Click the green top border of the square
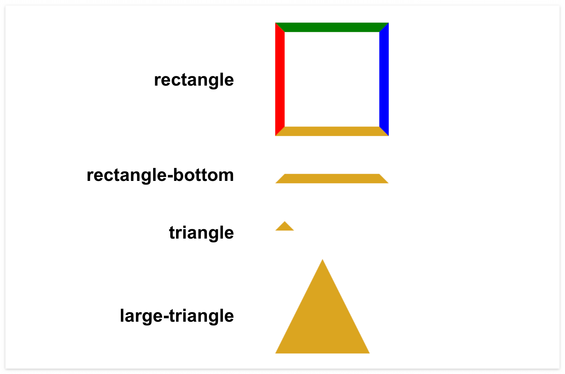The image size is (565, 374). pos(332,27)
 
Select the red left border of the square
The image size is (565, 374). pos(280,79)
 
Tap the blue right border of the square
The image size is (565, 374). pos(384,79)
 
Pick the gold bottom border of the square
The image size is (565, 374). pos(332,131)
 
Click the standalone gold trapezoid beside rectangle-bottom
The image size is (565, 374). pos(332,179)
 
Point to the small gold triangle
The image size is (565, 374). pos(285,227)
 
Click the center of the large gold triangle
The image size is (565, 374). pos(322,322)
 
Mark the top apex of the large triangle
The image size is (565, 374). pos(322,260)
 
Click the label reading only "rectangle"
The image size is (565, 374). pos(194,80)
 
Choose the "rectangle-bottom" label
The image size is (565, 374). pos(160,175)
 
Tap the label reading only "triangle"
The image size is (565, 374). pos(201,233)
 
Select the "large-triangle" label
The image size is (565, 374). pos(177,316)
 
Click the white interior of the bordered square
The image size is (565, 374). pos(332,79)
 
